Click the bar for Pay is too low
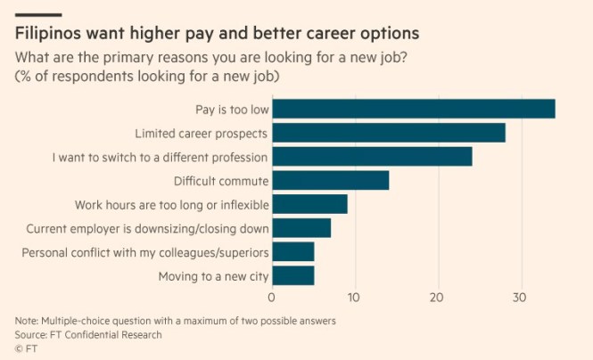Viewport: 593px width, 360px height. click(413, 109)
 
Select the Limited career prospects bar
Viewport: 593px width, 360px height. click(388, 133)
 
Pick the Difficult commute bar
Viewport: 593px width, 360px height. click(330, 181)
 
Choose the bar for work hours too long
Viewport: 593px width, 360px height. click(309, 204)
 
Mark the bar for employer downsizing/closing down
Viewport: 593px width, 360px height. click(301, 228)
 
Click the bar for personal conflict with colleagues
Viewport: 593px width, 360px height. click(292, 252)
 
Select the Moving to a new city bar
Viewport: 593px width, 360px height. click(292, 276)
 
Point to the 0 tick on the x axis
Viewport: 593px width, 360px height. click(271, 298)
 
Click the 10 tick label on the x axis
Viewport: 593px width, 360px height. click(354, 298)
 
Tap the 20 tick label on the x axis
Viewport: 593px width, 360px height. click(437, 298)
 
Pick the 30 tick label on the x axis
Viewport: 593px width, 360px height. click(520, 298)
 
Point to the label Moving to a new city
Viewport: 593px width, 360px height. click(213, 276)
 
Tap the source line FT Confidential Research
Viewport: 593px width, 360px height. click(87, 335)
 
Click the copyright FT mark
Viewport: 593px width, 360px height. click(26, 349)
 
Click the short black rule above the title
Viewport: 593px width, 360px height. click(37, 14)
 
